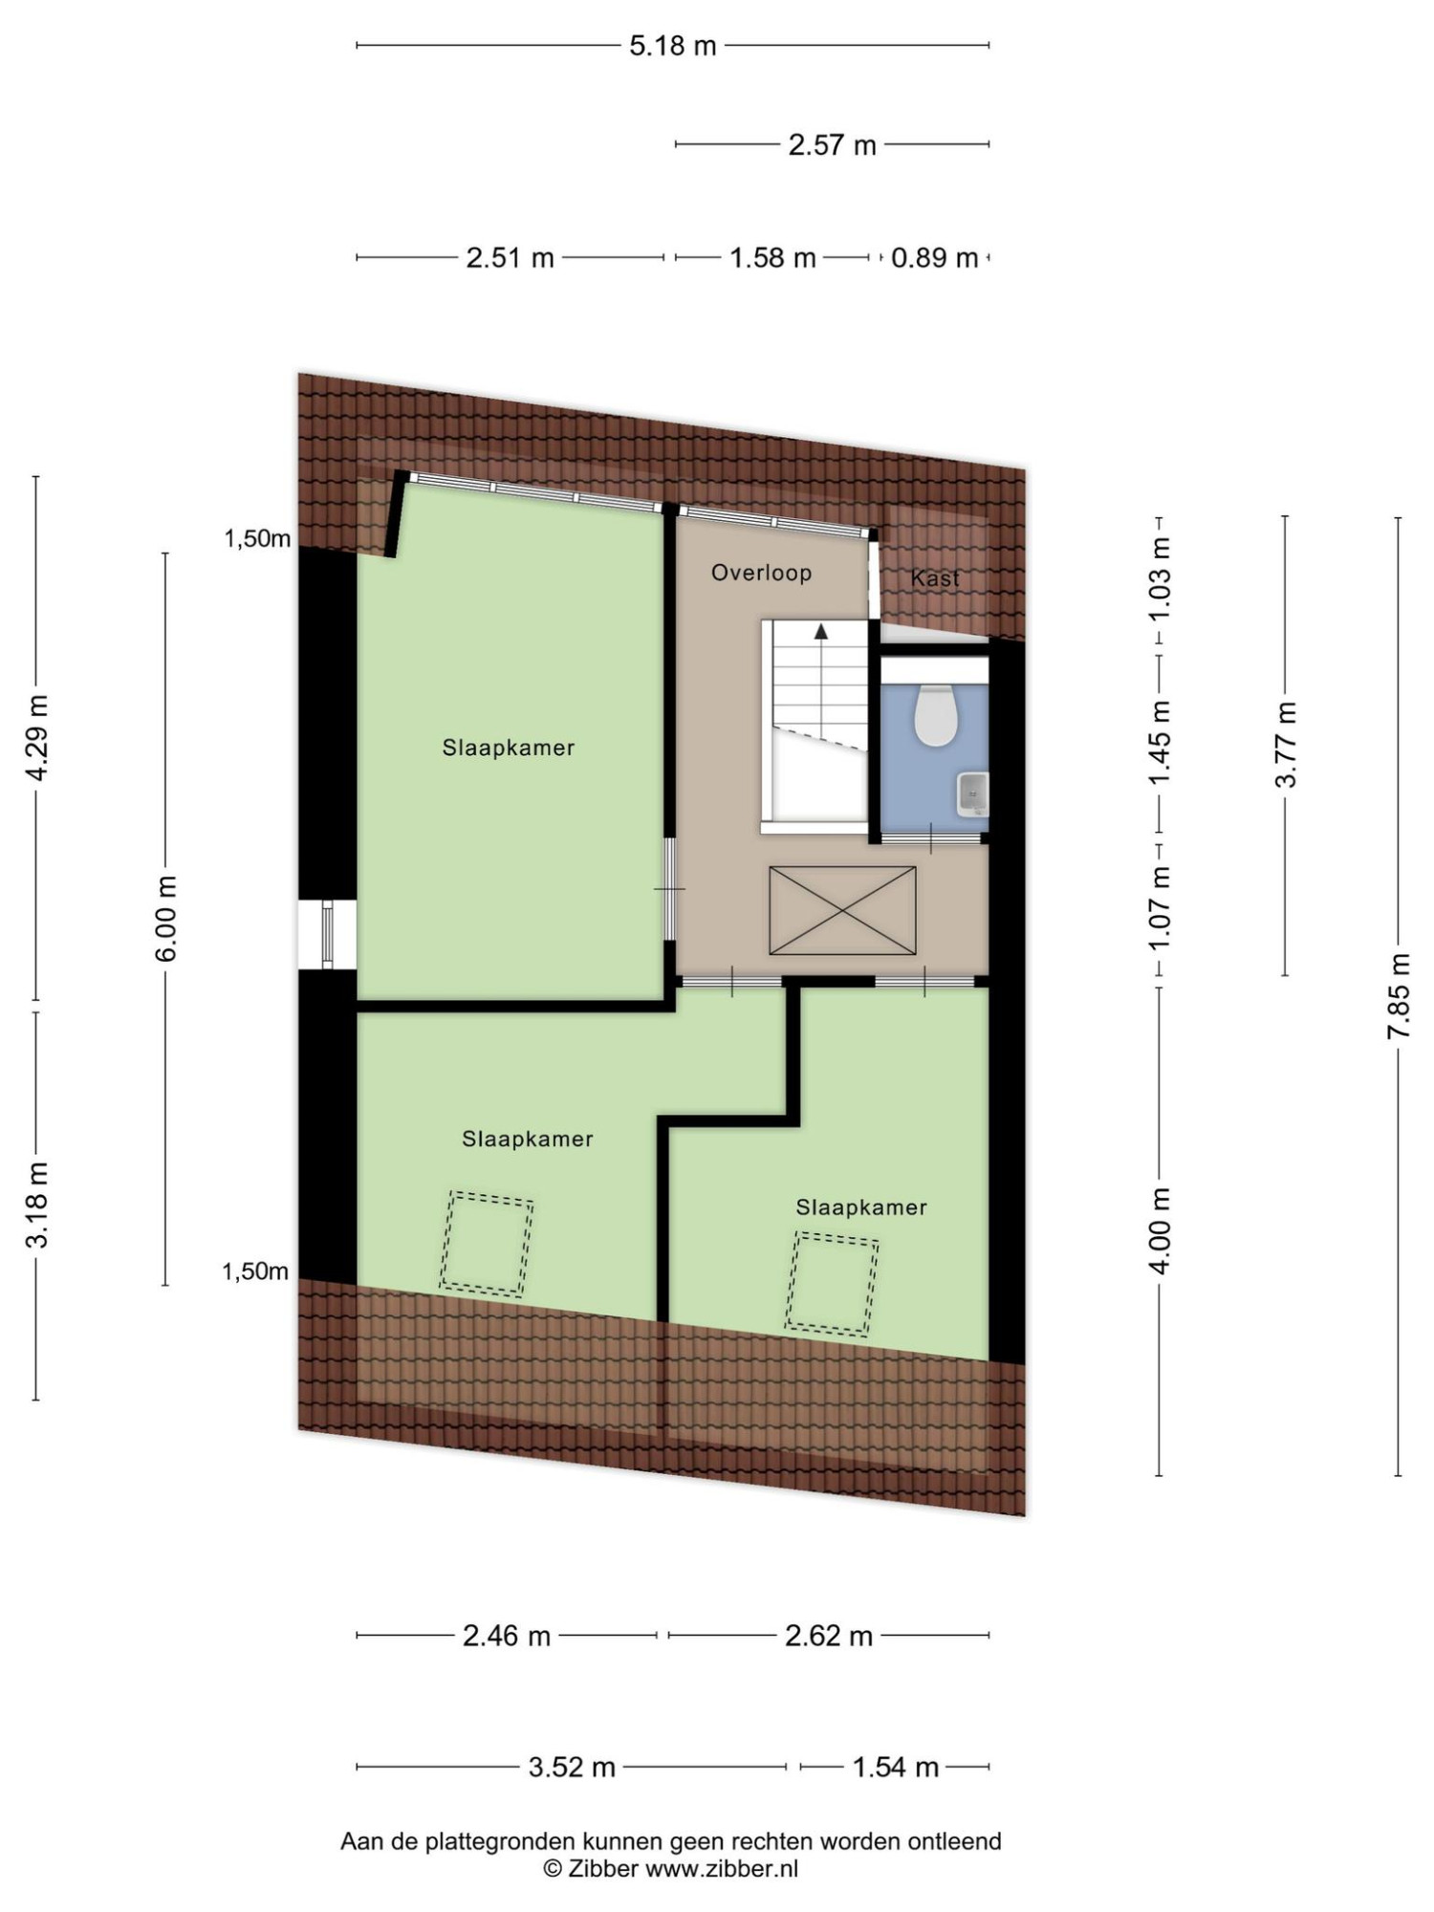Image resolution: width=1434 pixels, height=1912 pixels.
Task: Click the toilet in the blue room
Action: click(x=936, y=714)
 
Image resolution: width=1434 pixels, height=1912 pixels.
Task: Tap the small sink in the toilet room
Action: click(x=972, y=793)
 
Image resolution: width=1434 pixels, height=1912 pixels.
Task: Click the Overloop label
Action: click(x=761, y=573)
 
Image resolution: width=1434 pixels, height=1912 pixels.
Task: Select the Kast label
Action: click(x=934, y=578)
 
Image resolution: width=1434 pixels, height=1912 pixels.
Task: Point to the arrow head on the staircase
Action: click(x=820, y=631)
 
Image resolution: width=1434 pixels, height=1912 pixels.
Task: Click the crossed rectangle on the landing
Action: click(x=842, y=910)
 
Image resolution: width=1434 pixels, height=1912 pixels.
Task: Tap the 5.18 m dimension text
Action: click(x=672, y=46)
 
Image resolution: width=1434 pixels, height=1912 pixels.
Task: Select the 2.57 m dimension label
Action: click(x=832, y=145)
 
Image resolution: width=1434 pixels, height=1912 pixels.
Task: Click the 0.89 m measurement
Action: click(x=934, y=258)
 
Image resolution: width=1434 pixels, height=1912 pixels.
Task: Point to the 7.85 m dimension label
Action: click(x=1399, y=996)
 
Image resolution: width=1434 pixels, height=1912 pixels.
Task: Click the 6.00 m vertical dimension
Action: click(x=165, y=919)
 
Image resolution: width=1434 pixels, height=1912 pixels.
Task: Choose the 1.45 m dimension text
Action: click(x=1159, y=744)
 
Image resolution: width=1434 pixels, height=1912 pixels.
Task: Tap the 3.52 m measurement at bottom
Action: click(x=572, y=1767)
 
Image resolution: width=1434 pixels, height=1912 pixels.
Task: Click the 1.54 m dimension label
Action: click(x=895, y=1767)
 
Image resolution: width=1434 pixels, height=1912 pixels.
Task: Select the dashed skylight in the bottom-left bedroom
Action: click(x=486, y=1244)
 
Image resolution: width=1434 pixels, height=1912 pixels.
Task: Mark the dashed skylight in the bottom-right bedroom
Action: click(x=832, y=1284)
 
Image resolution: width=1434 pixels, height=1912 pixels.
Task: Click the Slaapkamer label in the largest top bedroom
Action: click(x=508, y=748)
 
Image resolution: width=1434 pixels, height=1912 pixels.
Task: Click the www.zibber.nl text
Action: click(x=722, y=1868)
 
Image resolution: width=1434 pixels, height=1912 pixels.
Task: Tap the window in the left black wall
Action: click(x=328, y=934)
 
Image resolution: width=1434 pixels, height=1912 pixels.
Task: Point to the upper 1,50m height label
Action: click(x=257, y=539)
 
